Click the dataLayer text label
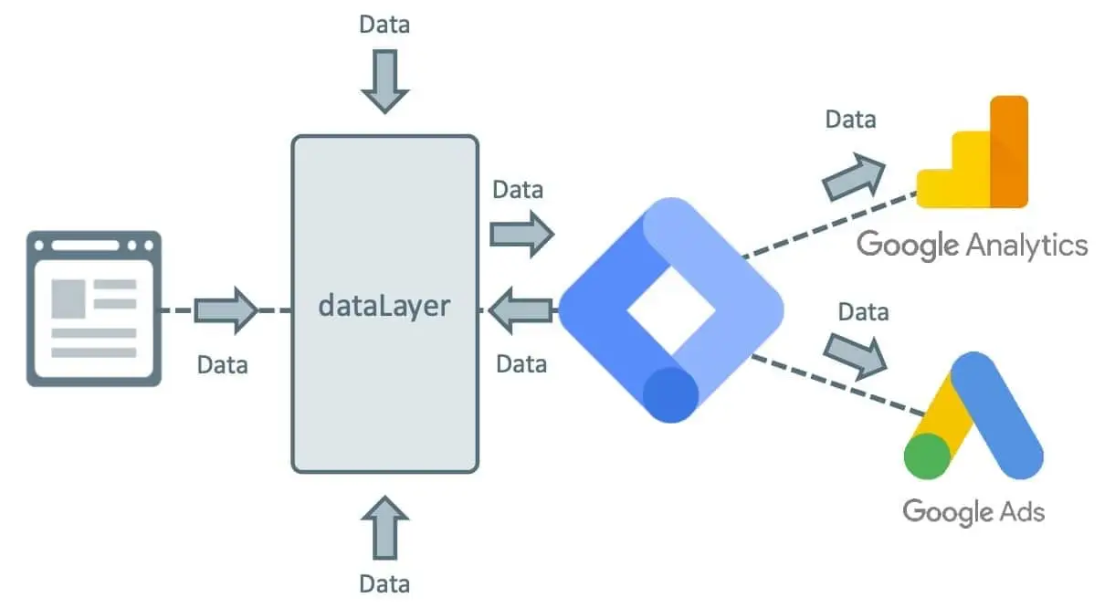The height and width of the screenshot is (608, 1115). (384, 304)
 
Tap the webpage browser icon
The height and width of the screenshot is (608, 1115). (93, 309)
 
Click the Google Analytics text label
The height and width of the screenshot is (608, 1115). (973, 245)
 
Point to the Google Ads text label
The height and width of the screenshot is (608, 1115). (973, 510)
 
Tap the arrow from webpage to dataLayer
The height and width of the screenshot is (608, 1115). (226, 309)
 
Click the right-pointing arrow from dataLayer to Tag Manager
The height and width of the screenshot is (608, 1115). (521, 234)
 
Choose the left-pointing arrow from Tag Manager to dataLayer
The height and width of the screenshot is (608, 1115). (521, 310)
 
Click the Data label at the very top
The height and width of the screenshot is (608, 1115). (384, 24)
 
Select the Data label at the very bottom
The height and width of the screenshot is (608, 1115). (384, 583)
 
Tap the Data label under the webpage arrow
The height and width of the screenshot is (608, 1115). (223, 364)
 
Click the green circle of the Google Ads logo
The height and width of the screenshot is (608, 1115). (929, 455)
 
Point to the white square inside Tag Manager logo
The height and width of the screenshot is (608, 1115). (670, 309)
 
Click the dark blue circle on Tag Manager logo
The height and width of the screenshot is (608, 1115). (670, 393)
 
